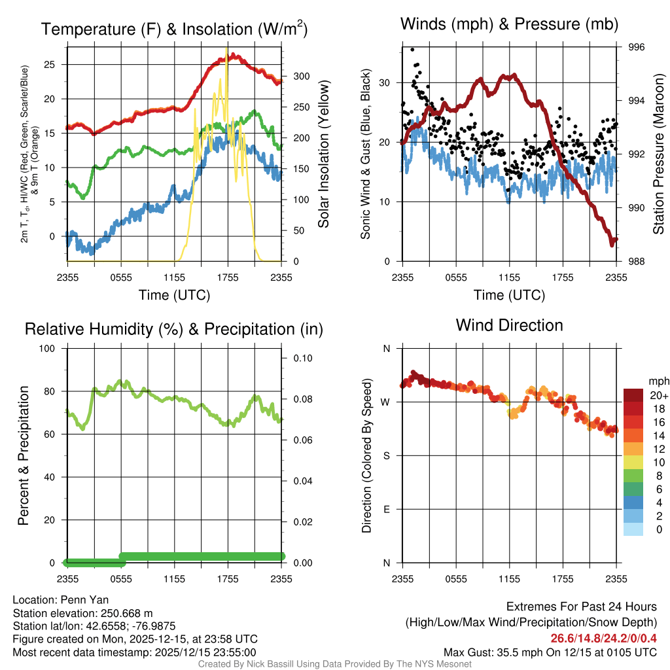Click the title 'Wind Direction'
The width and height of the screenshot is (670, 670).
coord(509,325)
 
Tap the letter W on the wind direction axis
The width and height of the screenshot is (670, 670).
coord(386,402)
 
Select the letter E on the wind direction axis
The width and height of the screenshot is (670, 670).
coord(386,509)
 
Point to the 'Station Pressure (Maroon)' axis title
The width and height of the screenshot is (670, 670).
coord(659,154)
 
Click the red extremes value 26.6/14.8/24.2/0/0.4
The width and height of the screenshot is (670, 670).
coord(603,639)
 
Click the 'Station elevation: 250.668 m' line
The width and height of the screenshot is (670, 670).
coord(82,613)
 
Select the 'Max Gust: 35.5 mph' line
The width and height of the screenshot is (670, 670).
coord(550,652)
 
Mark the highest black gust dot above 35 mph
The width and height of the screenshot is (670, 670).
coord(412,50)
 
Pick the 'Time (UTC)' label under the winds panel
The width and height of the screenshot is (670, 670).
coord(509,295)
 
